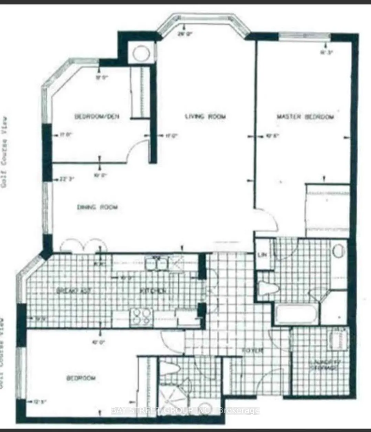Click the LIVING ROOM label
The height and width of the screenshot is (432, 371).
(205, 117)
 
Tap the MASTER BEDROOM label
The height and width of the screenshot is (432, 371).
(305, 117)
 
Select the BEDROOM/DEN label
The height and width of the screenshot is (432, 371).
(97, 117)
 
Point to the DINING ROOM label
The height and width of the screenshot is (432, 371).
(97, 207)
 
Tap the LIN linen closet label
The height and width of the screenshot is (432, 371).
(262, 255)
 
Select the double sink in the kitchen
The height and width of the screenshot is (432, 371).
(156, 264)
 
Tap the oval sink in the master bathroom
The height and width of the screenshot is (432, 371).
(339, 250)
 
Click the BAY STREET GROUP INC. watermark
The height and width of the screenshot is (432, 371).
(186, 411)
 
